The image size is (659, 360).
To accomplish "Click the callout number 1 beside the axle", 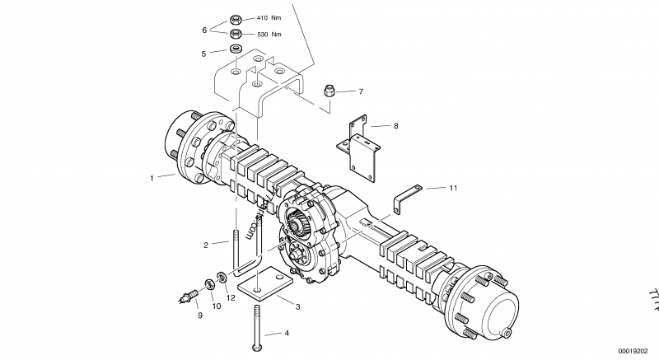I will click(152, 177).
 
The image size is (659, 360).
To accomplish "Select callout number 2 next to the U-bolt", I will click(206, 244).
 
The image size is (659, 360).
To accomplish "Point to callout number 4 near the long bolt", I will click(287, 334).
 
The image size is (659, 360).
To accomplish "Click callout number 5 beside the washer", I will click(204, 54).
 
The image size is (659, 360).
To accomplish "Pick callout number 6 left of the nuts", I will click(204, 30).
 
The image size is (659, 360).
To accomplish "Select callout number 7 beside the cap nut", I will click(361, 91).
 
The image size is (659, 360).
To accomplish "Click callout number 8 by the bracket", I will click(395, 126).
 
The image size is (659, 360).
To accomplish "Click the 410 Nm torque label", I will click(269, 17).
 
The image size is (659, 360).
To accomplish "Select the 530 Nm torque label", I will click(269, 35).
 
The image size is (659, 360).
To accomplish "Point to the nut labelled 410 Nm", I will click(235, 17).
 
